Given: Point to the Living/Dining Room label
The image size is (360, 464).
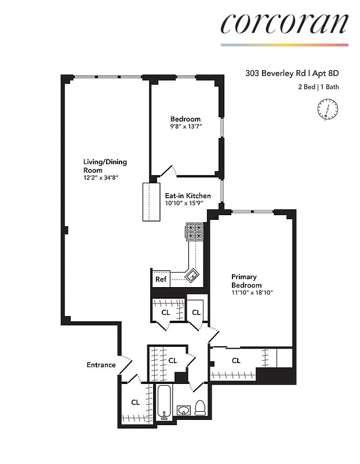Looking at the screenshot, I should point(105,166).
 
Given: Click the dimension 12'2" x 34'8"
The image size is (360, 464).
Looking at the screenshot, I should point(105,178).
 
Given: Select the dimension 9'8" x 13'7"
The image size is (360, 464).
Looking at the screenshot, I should point(186,127).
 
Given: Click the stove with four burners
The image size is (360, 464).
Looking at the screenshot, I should point(195,231).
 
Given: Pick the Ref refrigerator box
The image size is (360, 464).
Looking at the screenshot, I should point(161,280).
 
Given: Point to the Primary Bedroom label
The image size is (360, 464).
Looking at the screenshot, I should point(246,281).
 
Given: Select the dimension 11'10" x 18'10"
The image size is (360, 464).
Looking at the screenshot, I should point(252,293).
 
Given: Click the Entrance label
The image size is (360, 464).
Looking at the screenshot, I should point(101,365).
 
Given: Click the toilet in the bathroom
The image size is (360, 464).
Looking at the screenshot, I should point(200,408).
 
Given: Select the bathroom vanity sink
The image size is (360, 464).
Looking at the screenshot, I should point(184,411).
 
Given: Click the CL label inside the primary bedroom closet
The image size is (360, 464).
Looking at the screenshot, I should point(236,361).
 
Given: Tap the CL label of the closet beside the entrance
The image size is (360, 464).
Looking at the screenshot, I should point(135,402).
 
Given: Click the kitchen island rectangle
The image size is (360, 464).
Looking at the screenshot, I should point(152,202).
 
